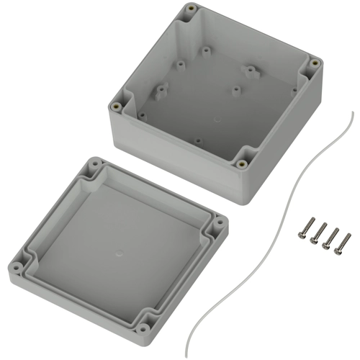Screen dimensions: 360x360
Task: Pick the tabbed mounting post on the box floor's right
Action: click(x=251, y=71)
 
